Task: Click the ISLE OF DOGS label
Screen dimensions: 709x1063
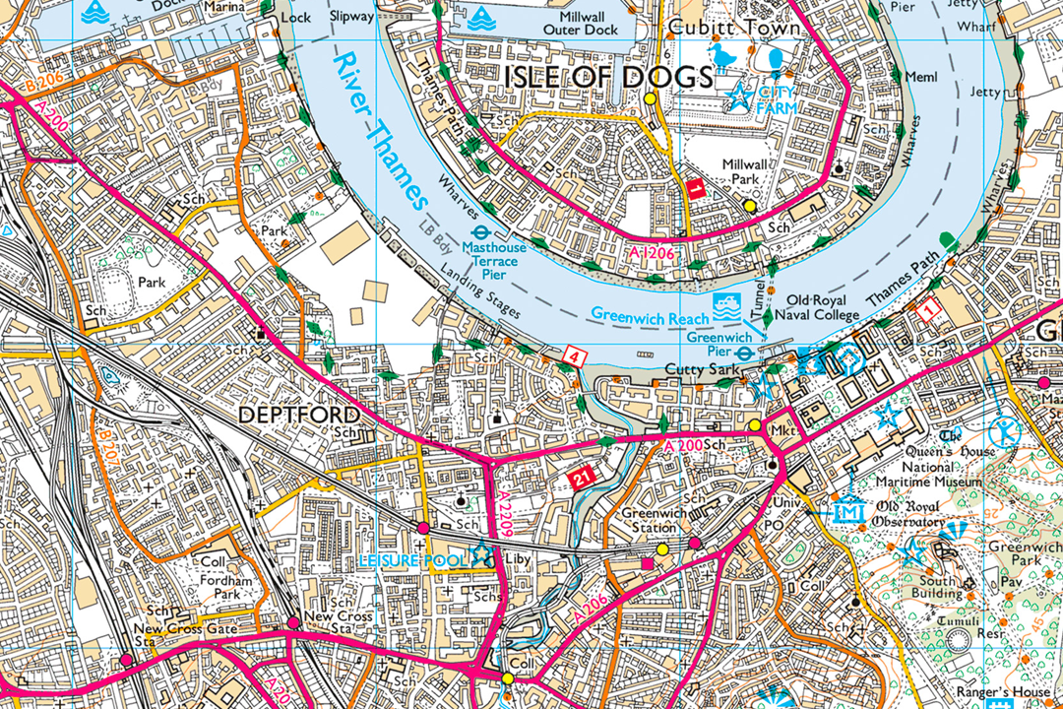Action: point(609,77)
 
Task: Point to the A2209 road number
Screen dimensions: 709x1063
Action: point(504,517)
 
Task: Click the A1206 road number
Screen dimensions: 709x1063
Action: point(652,254)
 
